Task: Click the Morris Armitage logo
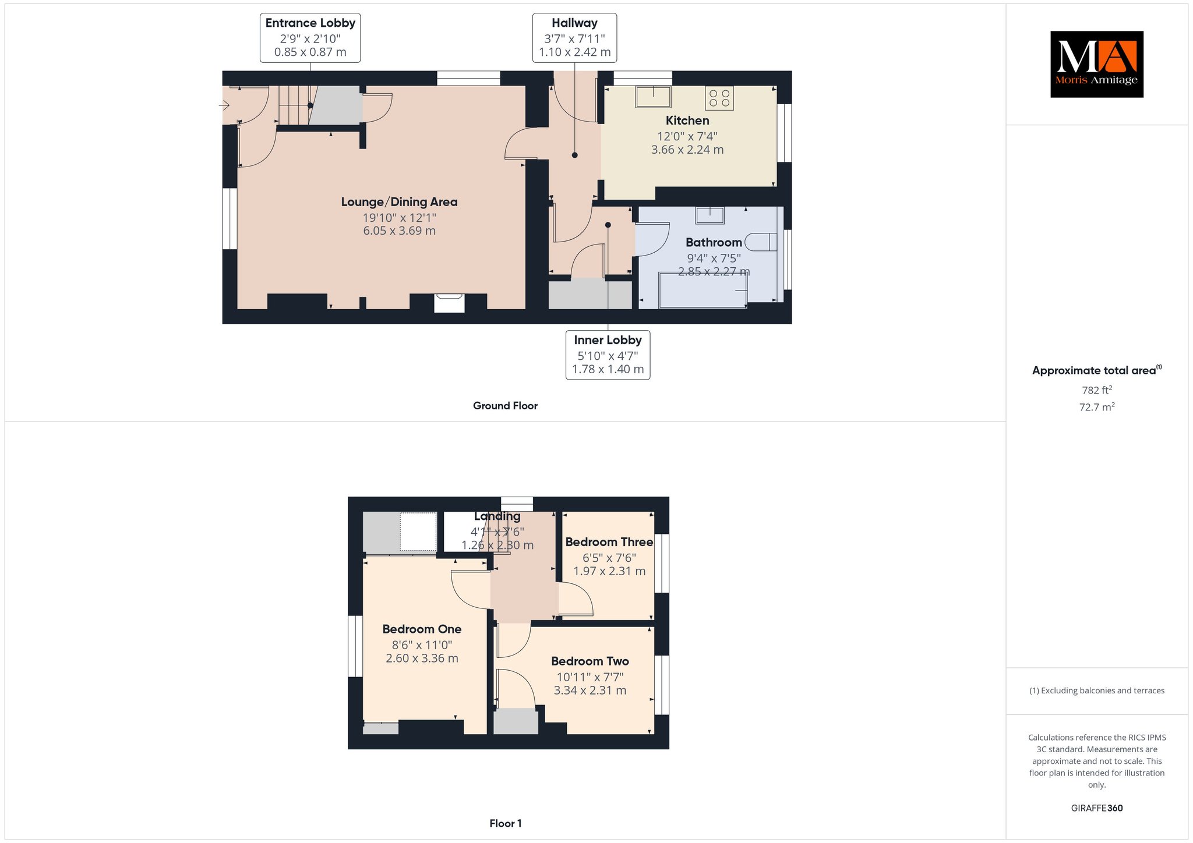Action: (x=1096, y=64)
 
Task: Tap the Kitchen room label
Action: (x=687, y=121)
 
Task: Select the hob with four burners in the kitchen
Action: (x=719, y=98)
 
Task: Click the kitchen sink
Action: (x=653, y=97)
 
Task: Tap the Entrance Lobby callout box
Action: (x=310, y=38)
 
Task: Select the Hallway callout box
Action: (x=574, y=38)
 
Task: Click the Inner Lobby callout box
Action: (x=608, y=355)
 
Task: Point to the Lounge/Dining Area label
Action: (x=399, y=202)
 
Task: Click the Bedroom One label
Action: (x=422, y=629)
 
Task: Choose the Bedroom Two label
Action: (x=590, y=661)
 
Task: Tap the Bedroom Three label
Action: (x=609, y=541)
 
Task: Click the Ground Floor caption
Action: (x=505, y=406)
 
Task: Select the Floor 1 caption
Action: (x=505, y=823)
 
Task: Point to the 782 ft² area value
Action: (x=1097, y=390)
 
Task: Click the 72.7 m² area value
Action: (x=1097, y=407)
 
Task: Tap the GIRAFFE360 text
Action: (x=1097, y=808)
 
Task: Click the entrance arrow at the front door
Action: (x=224, y=105)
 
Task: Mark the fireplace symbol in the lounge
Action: (x=449, y=303)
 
